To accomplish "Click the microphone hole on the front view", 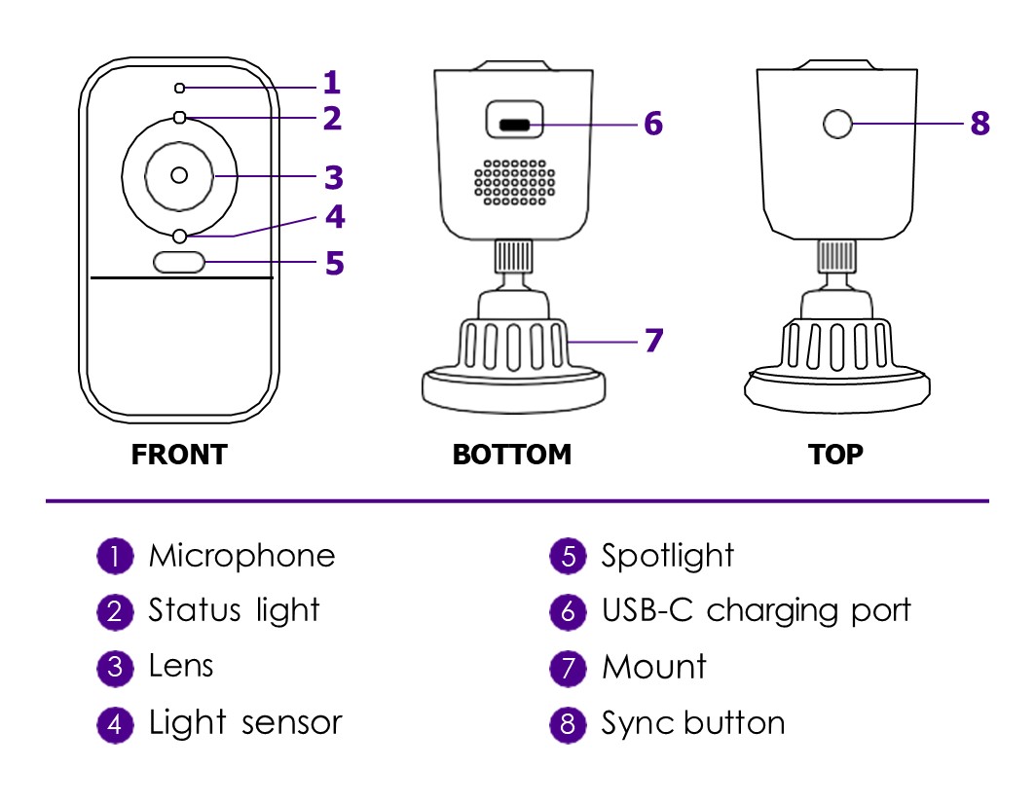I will [x=179, y=89].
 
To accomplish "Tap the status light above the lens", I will [x=179, y=118].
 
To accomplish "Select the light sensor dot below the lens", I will [x=179, y=236].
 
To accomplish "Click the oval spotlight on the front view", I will [x=179, y=262].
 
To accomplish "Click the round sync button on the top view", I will [x=837, y=124].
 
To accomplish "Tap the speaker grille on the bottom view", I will [x=514, y=181].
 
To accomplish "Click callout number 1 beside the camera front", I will [x=332, y=83].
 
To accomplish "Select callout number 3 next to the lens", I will [x=334, y=177].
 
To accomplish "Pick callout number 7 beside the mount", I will [x=653, y=341].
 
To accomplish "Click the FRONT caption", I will [x=178, y=455].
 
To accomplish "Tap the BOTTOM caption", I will [x=512, y=455].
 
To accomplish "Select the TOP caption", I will [x=835, y=455].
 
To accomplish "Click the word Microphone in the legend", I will [x=241, y=556].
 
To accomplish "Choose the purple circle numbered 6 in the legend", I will [x=568, y=612].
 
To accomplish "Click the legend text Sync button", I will [x=692, y=723].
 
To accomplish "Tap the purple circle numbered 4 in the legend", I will [x=115, y=724].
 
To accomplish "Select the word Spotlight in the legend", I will [x=667, y=556].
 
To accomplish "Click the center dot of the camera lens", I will [x=178, y=175].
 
